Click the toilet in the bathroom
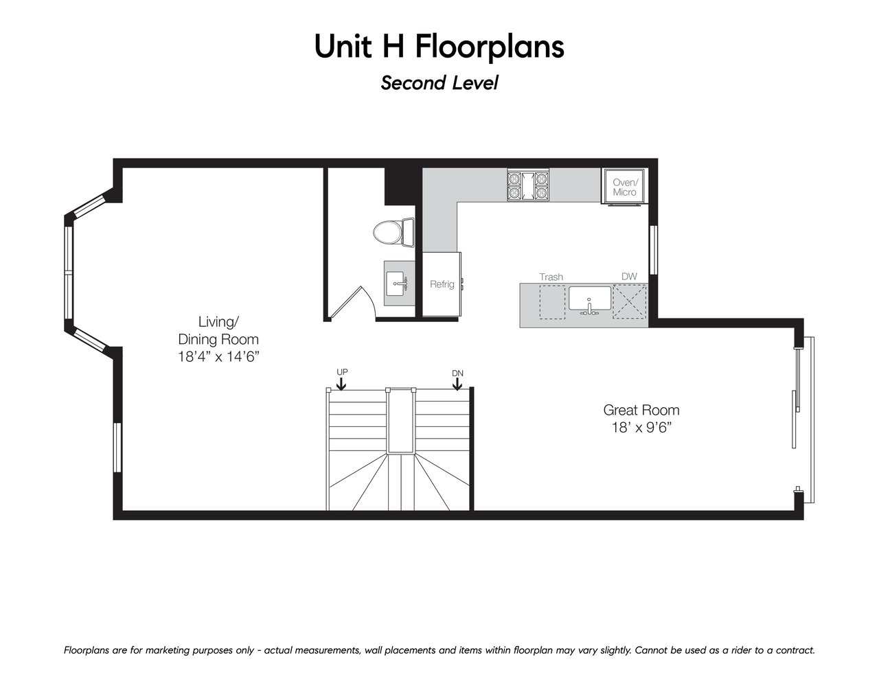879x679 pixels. (393, 232)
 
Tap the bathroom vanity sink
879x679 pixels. (396, 284)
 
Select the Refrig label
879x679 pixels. (442, 284)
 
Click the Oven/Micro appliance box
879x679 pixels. (624, 186)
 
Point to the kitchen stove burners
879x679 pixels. (528, 185)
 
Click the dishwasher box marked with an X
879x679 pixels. (630, 301)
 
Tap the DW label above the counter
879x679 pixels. (629, 276)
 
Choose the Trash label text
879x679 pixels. (551, 277)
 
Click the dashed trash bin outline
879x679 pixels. (552, 302)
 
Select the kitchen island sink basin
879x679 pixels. (590, 299)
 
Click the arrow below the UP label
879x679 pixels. (341, 384)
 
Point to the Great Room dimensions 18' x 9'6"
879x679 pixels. (641, 428)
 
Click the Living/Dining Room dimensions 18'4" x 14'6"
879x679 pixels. (218, 357)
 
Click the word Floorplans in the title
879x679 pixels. (490, 47)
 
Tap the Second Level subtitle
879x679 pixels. (439, 83)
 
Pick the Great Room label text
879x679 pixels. (641, 410)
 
